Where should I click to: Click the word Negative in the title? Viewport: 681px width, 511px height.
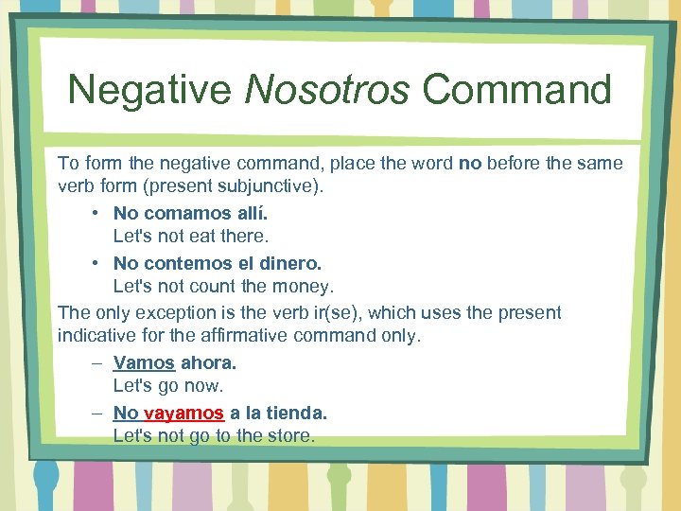(x=148, y=91)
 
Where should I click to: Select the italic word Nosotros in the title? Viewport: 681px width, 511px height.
(x=327, y=91)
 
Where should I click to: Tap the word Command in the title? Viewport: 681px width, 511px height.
(x=517, y=91)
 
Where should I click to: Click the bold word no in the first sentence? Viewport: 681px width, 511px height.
(x=470, y=163)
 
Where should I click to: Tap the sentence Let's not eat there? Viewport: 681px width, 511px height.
(x=191, y=236)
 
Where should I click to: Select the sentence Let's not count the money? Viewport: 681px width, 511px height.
(x=223, y=286)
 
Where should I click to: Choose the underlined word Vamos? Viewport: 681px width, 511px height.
(x=144, y=362)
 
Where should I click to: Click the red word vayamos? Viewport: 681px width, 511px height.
(x=183, y=413)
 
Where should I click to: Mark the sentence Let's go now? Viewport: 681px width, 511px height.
(x=167, y=386)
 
